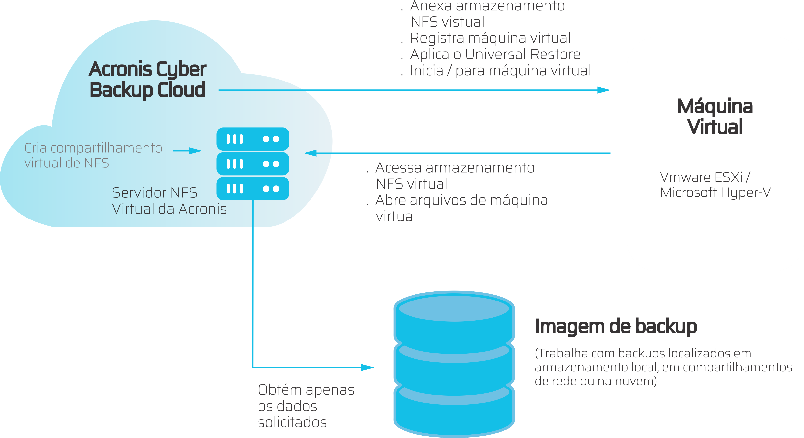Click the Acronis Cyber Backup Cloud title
pos(147,79)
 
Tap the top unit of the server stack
pos(253,139)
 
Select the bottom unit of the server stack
pos(253,189)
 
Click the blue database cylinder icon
pos(454,364)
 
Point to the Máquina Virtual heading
pos(715,116)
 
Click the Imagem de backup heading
pos(616,327)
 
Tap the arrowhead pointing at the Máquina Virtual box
pos(604,90)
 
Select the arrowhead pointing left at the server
pos(310,153)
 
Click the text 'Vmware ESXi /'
pos(705,177)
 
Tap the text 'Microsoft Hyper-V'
pos(715,192)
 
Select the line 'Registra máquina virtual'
pos(490,38)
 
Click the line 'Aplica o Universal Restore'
pos(495,54)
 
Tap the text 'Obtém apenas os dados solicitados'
pos(306,406)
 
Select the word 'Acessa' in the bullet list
pos(398,168)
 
